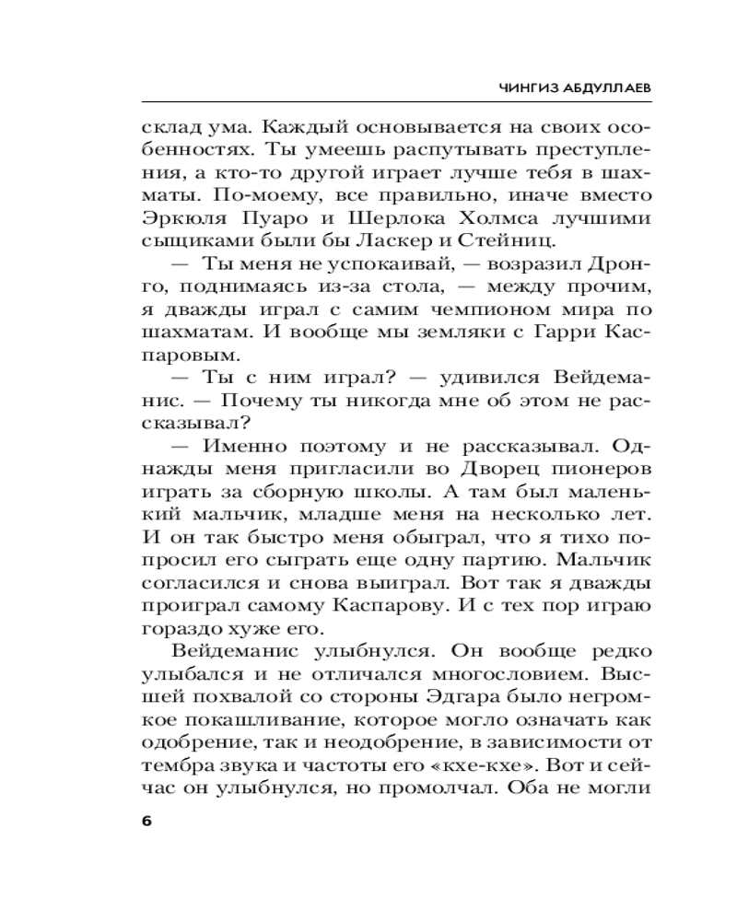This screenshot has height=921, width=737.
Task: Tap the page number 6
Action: pos(146,822)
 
